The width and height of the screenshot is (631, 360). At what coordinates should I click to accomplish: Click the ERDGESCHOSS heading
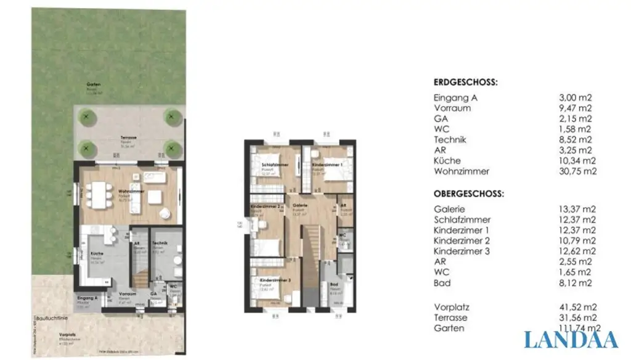point(465,82)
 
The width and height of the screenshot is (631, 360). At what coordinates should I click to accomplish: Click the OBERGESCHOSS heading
point(468,193)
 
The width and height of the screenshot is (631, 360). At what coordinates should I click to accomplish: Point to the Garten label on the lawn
point(94,85)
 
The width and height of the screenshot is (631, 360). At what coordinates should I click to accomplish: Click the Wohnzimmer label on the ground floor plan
point(131,192)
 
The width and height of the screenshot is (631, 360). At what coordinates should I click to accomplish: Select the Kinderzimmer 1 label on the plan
point(327,166)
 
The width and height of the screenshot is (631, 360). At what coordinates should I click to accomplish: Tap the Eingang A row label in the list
point(456,97)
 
